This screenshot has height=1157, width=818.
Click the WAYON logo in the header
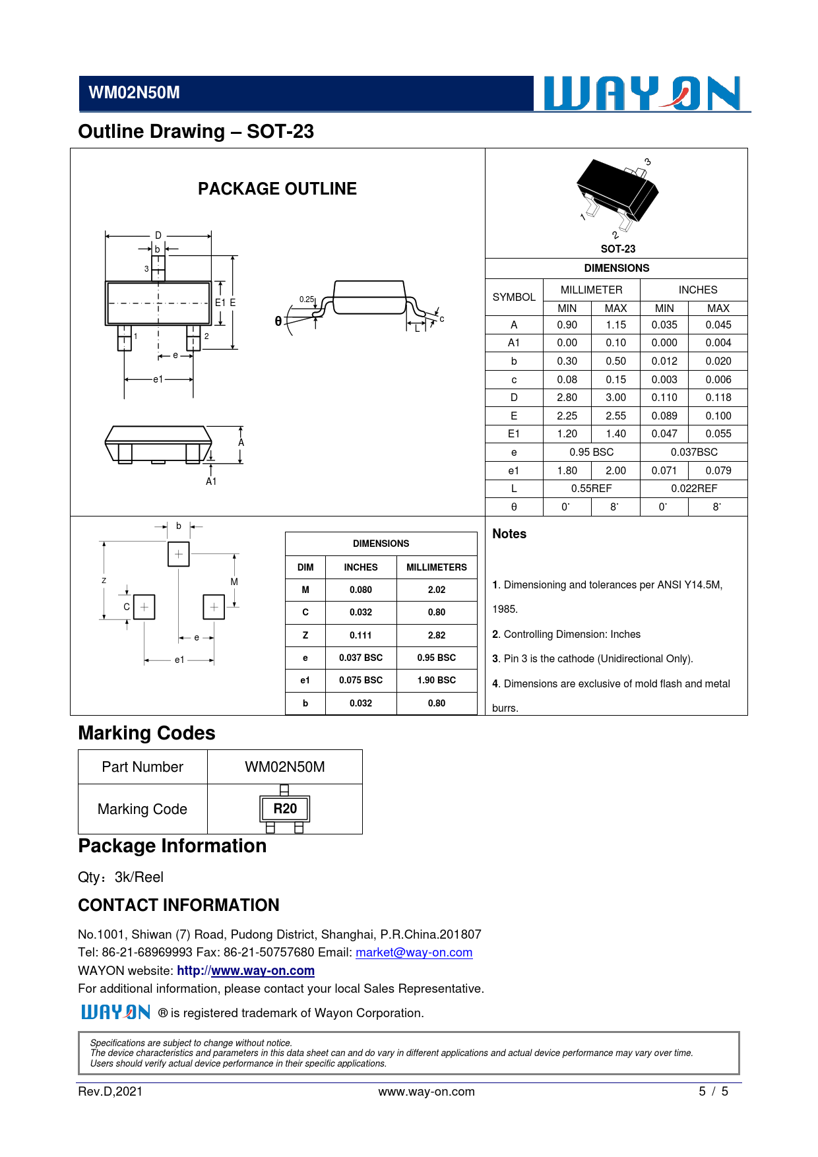click(x=642, y=93)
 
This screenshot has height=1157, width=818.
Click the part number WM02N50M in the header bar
click(x=134, y=93)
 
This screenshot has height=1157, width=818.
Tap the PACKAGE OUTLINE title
click(x=277, y=189)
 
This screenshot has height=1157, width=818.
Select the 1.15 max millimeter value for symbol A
click(x=615, y=325)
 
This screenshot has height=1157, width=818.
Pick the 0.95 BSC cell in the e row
click(x=591, y=452)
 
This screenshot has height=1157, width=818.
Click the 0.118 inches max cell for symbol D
click(x=718, y=397)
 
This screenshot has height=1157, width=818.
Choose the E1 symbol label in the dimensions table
click(x=513, y=433)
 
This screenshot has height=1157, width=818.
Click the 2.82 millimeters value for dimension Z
click(x=436, y=635)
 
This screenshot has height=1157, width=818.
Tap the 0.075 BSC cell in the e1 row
click(x=360, y=680)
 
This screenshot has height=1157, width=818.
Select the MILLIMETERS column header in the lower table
click(x=436, y=567)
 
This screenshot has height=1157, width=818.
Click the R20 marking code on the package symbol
click(x=285, y=809)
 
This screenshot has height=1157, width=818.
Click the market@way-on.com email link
click(x=414, y=953)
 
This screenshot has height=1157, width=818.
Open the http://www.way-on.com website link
click(x=245, y=971)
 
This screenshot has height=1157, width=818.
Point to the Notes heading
click(x=509, y=534)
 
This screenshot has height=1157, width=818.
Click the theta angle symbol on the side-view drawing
click(x=278, y=321)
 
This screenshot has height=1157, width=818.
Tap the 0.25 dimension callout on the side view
click(x=307, y=299)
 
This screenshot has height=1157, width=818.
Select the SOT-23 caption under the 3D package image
click(x=617, y=249)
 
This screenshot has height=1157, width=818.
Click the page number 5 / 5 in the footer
click(x=713, y=1091)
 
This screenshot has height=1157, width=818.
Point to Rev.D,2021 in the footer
click(x=110, y=1091)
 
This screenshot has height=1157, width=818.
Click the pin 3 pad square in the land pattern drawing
click(x=178, y=554)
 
